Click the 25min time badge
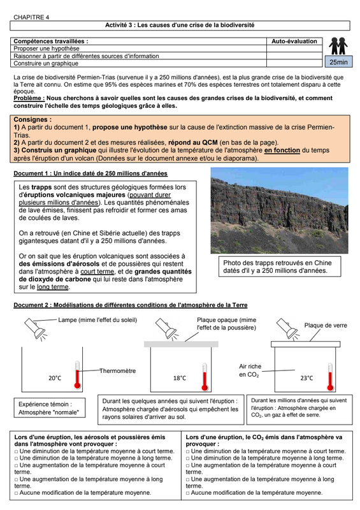click(x=338, y=62)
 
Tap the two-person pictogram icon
click(x=338, y=46)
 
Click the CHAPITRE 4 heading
click(x=31, y=17)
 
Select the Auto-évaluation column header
click(x=294, y=41)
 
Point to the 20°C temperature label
click(x=55, y=378)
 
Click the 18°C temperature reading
click(x=180, y=378)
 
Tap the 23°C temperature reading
click(x=306, y=378)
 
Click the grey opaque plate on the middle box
click(x=181, y=344)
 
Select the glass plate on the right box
click(x=306, y=344)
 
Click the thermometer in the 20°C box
click(x=77, y=374)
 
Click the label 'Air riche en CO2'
click(x=250, y=370)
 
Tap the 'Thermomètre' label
click(x=118, y=371)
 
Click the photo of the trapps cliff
click(x=279, y=210)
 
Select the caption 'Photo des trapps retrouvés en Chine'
click(x=277, y=263)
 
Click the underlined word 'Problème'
click(x=29, y=98)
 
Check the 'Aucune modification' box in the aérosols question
click(x=17, y=493)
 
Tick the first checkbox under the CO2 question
click(x=187, y=451)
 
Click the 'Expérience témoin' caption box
click(x=50, y=408)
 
